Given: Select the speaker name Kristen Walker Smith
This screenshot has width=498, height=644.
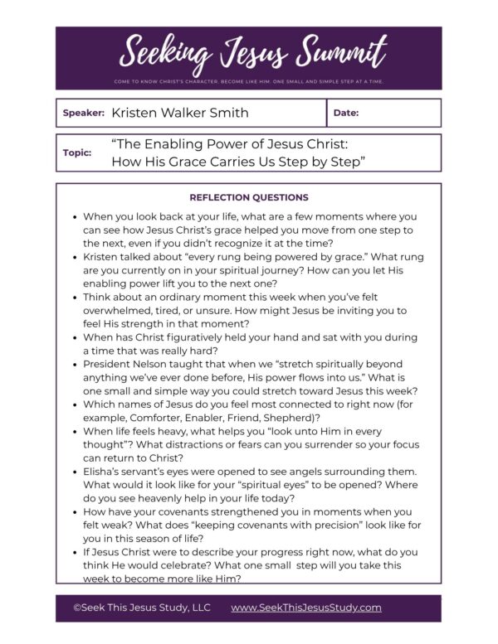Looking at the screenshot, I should [x=179, y=113].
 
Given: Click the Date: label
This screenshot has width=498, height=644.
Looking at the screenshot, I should [x=346, y=113].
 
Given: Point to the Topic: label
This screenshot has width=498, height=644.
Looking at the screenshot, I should [x=77, y=153].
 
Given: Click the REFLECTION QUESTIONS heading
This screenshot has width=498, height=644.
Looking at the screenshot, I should [x=249, y=197].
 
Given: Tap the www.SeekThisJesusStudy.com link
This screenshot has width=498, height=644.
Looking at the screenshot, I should [x=306, y=608].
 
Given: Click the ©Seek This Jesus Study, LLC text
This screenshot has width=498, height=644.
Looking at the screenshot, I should [x=142, y=608].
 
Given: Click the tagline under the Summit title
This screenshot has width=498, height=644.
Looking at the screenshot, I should [x=249, y=82].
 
